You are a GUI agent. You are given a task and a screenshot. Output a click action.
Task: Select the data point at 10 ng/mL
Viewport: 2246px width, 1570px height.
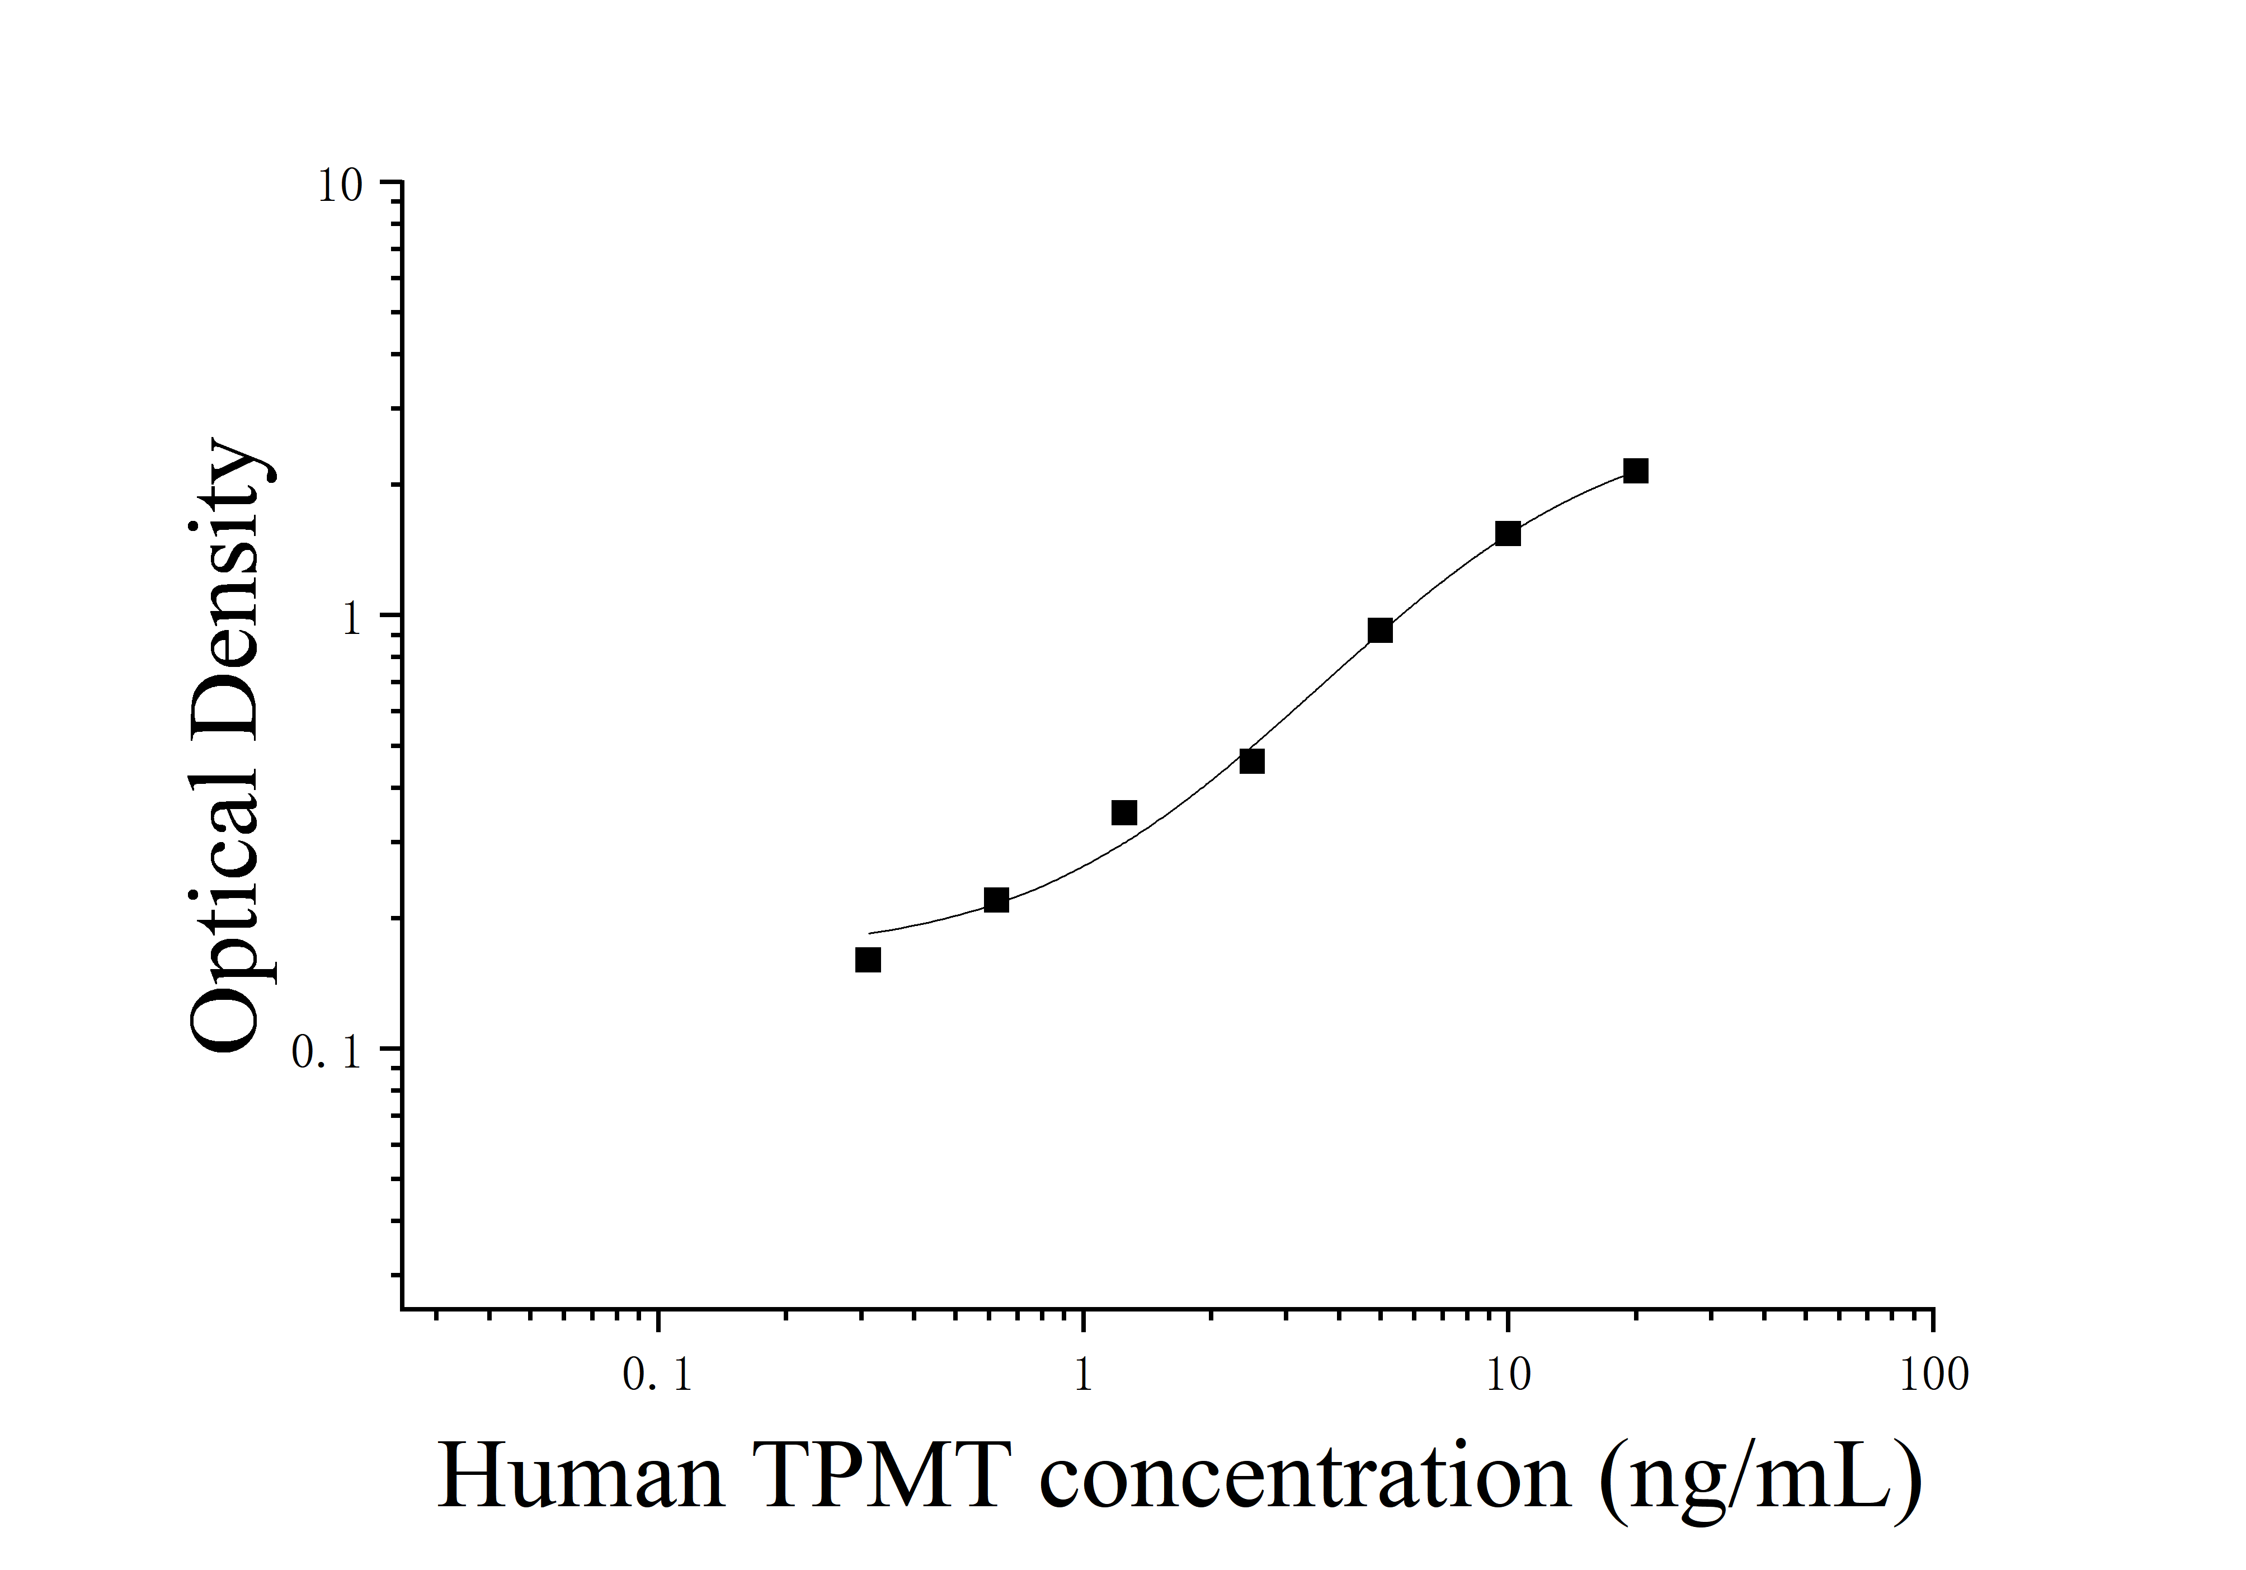coord(1508,534)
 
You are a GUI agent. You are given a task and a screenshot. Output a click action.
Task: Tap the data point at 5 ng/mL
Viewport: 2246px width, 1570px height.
coord(1380,631)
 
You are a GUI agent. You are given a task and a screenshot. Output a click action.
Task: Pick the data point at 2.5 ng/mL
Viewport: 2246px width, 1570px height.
coord(1252,761)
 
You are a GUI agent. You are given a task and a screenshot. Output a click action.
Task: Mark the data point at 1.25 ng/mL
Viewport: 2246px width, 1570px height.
coord(1124,813)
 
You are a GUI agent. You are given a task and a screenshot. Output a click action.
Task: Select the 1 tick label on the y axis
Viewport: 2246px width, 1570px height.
coord(352,619)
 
